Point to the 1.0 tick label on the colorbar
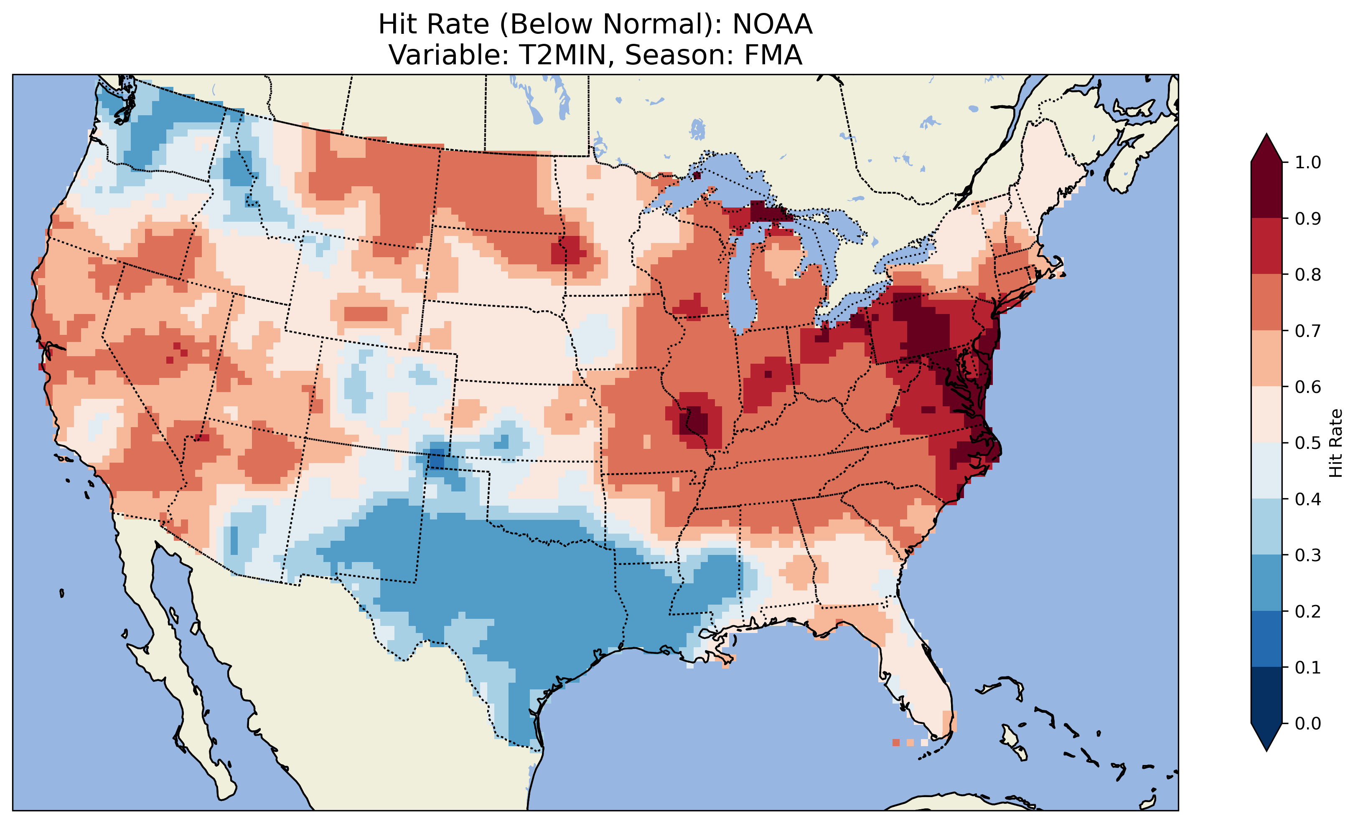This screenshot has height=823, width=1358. (x=1308, y=162)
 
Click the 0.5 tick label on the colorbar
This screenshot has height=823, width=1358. (x=1308, y=443)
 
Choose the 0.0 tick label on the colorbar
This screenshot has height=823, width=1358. (x=1308, y=723)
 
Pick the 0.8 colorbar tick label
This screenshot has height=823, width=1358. (x=1308, y=274)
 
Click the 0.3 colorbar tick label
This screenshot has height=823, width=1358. (x=1308, y=555)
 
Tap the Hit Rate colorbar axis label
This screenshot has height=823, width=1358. (x=1335, y=443)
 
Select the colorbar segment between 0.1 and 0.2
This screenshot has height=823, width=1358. (x=1266, y=639)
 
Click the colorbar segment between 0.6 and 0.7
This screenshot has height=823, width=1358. (x=1266, y=359)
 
